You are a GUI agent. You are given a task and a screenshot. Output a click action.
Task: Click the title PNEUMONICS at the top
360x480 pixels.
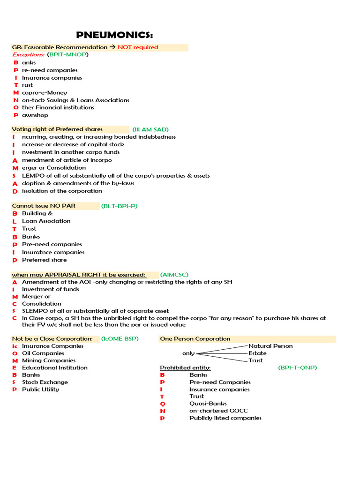click(114, 36)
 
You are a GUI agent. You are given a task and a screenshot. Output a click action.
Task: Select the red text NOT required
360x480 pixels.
click(138, 47)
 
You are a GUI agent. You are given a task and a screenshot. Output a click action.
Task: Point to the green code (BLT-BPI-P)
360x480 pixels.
click(119, 206)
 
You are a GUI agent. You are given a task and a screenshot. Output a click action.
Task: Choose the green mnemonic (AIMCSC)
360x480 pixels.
click(174, 274)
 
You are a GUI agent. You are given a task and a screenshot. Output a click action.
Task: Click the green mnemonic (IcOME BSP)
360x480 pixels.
click(120, 338)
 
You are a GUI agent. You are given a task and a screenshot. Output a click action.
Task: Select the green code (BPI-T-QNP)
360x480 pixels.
click(297, 367)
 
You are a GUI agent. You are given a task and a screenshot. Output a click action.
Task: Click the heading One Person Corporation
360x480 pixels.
click(195, 338)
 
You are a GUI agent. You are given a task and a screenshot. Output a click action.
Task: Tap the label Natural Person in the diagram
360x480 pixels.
click(270, 346)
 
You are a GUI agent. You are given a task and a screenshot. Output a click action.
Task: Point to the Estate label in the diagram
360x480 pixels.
click(257, 353)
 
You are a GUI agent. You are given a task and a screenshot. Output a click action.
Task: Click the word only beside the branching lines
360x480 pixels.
click(188, 353)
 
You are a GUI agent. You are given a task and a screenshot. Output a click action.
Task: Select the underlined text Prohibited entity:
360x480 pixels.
click(185, 367)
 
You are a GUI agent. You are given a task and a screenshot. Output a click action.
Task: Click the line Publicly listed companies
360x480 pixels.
click(225, 418)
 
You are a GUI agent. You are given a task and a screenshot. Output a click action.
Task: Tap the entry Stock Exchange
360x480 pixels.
click(45, 382)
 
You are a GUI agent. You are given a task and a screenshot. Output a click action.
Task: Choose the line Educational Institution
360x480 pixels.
click(54, 367)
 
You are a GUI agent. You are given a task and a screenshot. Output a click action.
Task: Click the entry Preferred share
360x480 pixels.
click(45, 260)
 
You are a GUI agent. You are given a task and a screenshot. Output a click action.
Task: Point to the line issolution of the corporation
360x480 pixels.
click(61, 191)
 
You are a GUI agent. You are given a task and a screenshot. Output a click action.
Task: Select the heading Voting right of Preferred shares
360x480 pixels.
click(57, 129)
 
